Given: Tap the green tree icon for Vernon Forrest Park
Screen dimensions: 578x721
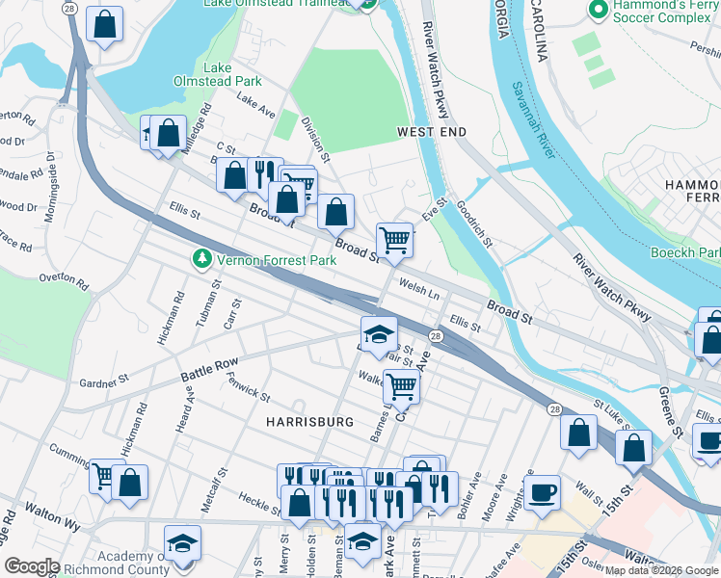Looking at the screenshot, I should tap(201, 258).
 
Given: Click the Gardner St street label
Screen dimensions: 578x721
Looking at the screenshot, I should tap(104, 382).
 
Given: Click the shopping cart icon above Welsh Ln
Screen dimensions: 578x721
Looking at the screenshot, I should tap(394, 239).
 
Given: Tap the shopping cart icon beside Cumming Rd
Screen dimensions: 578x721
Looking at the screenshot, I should tap(104, 475).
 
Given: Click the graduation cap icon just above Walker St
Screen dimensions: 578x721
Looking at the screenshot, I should tap(379, 333).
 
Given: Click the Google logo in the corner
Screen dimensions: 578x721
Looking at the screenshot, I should tap(33, 566).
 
